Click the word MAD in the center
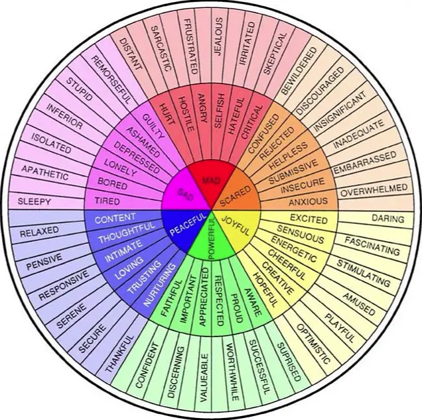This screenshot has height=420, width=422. click(x=211, y=180)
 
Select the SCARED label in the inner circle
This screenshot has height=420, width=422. click(x=236, y=193)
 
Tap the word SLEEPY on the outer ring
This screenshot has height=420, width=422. click(x=35, y=200)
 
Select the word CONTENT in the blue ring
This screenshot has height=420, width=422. click(x=115, y=217)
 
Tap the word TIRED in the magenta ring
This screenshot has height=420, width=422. click(x=107, y=201)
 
